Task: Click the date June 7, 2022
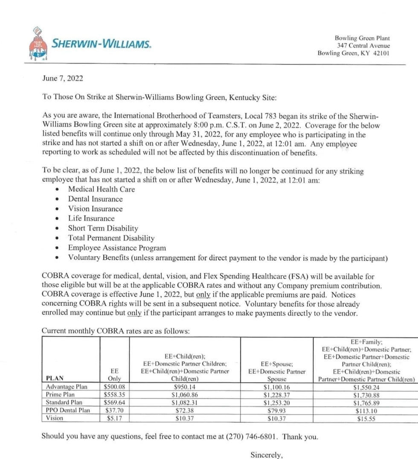pos(63,78)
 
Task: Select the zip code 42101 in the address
pos(381,53)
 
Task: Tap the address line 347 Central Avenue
pos(363,46)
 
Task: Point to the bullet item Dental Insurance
pos(95,199)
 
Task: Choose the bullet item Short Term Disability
pos(103,228)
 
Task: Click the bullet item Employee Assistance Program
pos(117,248)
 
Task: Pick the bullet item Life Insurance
pos(91,218)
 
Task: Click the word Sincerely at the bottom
pos(267,455)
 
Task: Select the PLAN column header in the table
pos(55,378)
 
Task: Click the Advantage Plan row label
pos(66,387)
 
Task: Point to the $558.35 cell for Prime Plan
pos(114,395)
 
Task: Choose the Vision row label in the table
pos(54,418)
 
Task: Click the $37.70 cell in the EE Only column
pos(114,410)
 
